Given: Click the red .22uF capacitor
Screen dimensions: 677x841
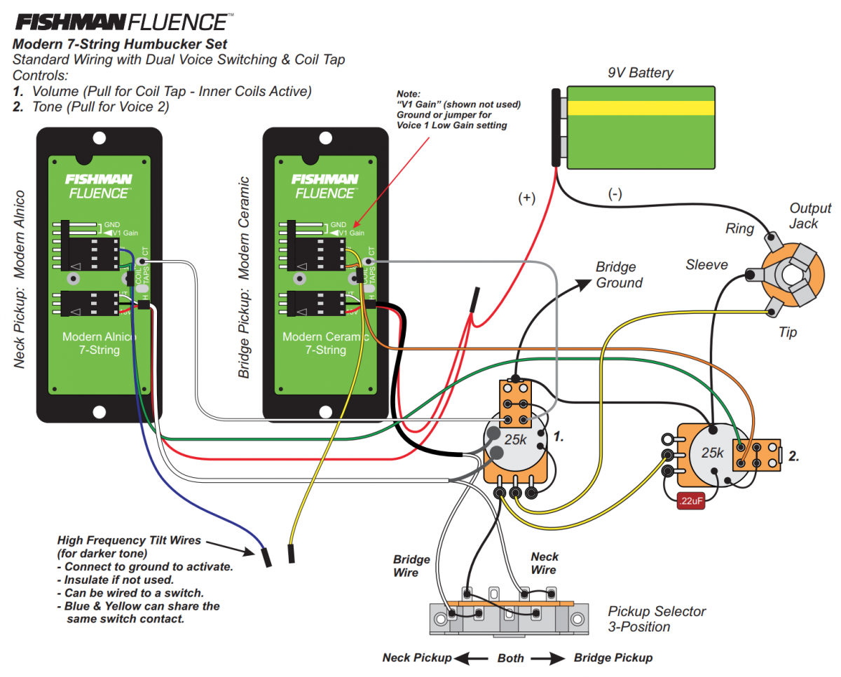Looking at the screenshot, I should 692,501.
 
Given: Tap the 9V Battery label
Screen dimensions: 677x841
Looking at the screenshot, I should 640,73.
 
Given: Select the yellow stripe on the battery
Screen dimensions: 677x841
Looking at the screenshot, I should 641,108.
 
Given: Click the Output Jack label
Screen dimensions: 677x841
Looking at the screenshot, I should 809,216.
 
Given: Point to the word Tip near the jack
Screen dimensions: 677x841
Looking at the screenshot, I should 788,332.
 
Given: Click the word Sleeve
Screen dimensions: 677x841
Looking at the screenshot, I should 706,265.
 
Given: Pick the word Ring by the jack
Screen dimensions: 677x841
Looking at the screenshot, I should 740,228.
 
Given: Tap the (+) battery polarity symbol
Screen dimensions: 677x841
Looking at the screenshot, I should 526,198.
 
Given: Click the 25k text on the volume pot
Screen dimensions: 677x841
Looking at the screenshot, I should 515,440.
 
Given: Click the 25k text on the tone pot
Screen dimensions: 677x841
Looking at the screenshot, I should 712,453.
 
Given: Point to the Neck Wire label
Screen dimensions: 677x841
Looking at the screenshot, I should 544,563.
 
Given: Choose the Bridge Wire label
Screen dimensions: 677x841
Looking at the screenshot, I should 411,566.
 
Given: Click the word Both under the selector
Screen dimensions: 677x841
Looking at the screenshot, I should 511,658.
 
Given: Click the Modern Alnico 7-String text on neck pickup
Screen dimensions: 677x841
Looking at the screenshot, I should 99,343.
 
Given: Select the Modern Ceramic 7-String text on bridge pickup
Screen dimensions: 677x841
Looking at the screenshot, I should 325,343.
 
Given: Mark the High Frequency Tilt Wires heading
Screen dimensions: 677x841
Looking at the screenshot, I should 129,540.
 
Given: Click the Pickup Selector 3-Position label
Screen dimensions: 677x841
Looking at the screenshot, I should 657,619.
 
